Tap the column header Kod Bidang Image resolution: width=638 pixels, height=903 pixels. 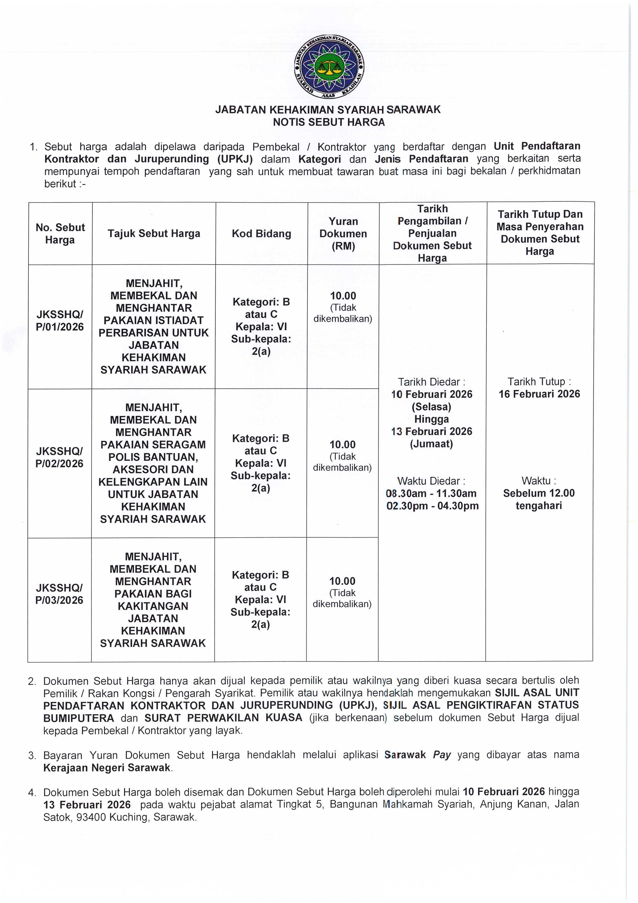pyautogui.click(x=261, y=234)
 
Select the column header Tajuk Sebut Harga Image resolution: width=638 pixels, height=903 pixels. pyautogui.click(x=154, y=234)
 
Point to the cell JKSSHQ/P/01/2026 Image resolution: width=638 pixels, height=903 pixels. pyautogui.click(x=60, y=321)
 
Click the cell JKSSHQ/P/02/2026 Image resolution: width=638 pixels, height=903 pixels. pyautogui.click(x=59, y=457)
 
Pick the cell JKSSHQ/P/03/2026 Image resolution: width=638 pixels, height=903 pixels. pyautogui.click(x=59, y=594)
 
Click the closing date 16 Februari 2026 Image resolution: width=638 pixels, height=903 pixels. pyautogui.click(x=539, y=394)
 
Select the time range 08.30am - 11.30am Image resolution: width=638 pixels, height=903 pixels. pyautogui.click(x=431, y=493)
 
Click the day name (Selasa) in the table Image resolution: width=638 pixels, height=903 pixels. pyautogui.click(x=432, y=406)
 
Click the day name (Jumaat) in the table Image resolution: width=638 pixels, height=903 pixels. pyautogui.click(x=432, y=444)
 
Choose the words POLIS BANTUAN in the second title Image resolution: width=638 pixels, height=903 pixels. pyautogui.click(x=153, y=457)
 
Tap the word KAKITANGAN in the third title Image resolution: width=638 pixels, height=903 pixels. pyautogui.click(x=153, y=606)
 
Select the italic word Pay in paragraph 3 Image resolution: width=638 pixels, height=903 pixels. pyautogui.click(x=442, y=755)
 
